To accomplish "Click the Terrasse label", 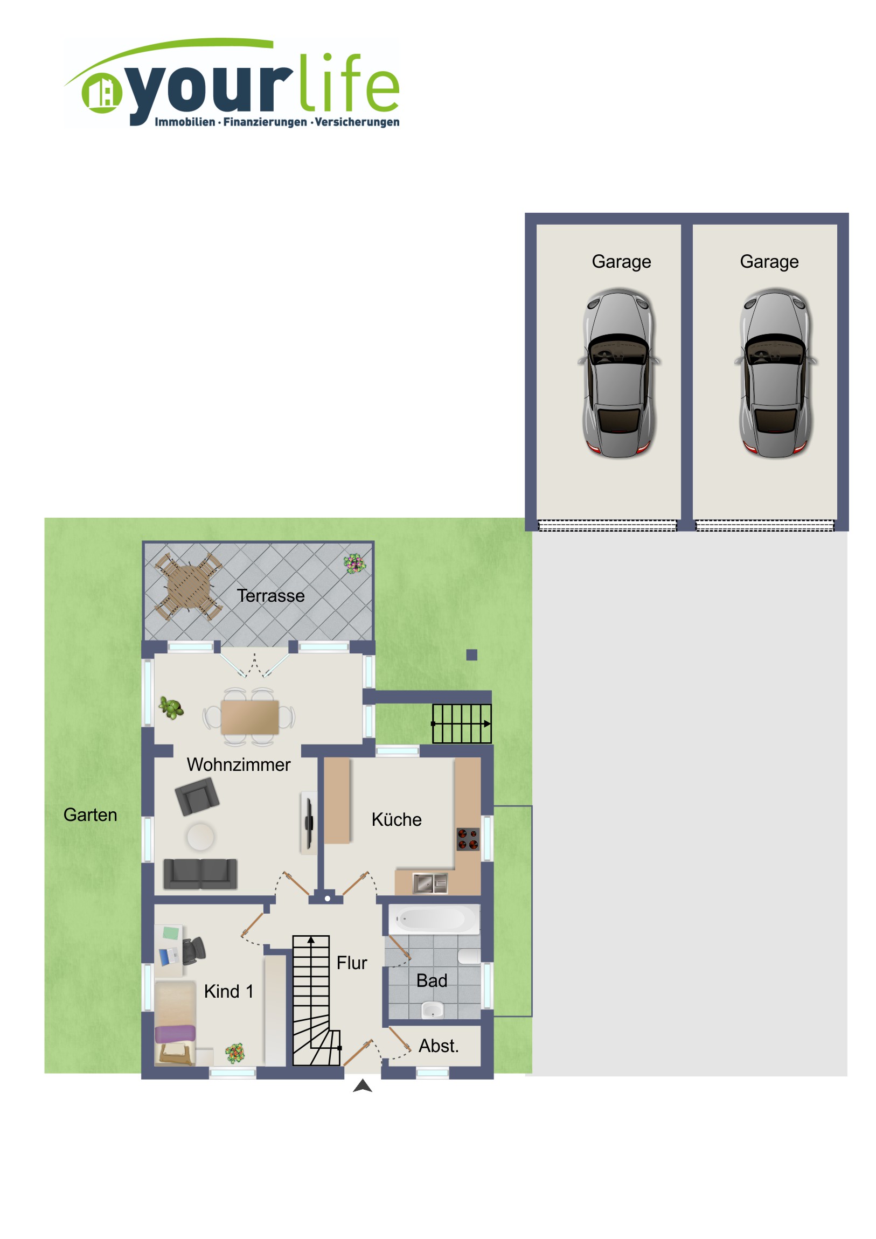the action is tap(270, 596).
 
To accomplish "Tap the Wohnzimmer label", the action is tap(239, 764).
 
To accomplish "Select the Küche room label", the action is tap(396, 820).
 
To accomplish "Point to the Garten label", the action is tap(90, 815).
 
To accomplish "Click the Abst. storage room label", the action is tap(439, 1046).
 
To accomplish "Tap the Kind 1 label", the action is tap(229, 991).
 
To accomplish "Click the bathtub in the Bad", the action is tap(434, 919).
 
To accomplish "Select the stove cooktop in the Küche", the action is tap(468, 840).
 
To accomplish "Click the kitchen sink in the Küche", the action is tap(430, 883).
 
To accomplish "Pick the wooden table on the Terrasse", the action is tap(189, 586).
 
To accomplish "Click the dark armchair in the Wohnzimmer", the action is tap(197, 796).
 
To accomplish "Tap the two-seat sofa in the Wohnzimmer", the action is tap(200, 874).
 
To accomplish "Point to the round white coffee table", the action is tap(200, 837).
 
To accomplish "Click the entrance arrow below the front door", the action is tap(363, 1086).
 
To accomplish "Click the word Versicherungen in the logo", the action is tap(357, 122).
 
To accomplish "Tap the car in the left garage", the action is tap(619, 373).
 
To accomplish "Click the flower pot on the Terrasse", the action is tap(354, 564).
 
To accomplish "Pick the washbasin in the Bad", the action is tap(432, 1009).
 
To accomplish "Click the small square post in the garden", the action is tap(472, 655).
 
